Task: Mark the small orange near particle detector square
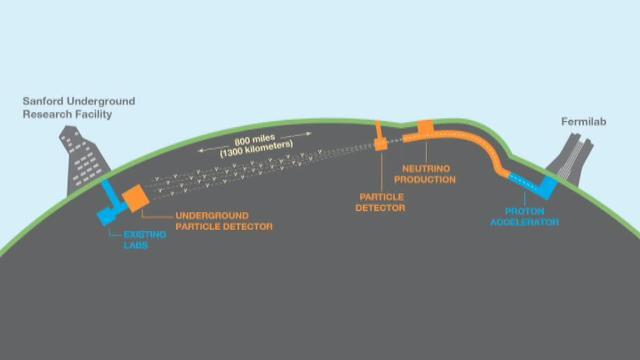pos(381,146)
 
